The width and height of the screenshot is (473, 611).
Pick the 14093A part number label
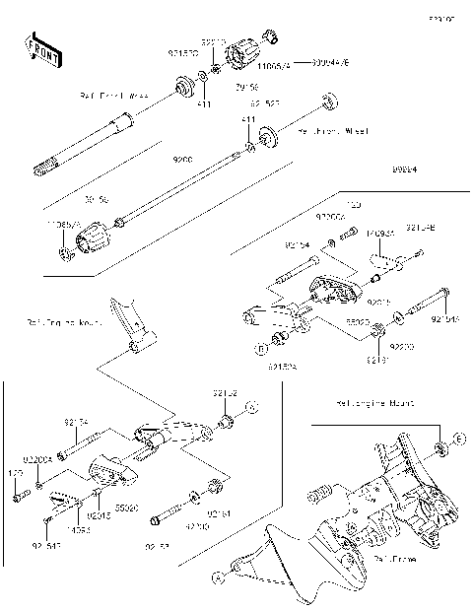click(x=379, y=235)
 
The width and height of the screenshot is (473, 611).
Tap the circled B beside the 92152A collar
click(x=263, y=348)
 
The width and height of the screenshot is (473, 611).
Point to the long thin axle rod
click(x=177, y=188)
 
